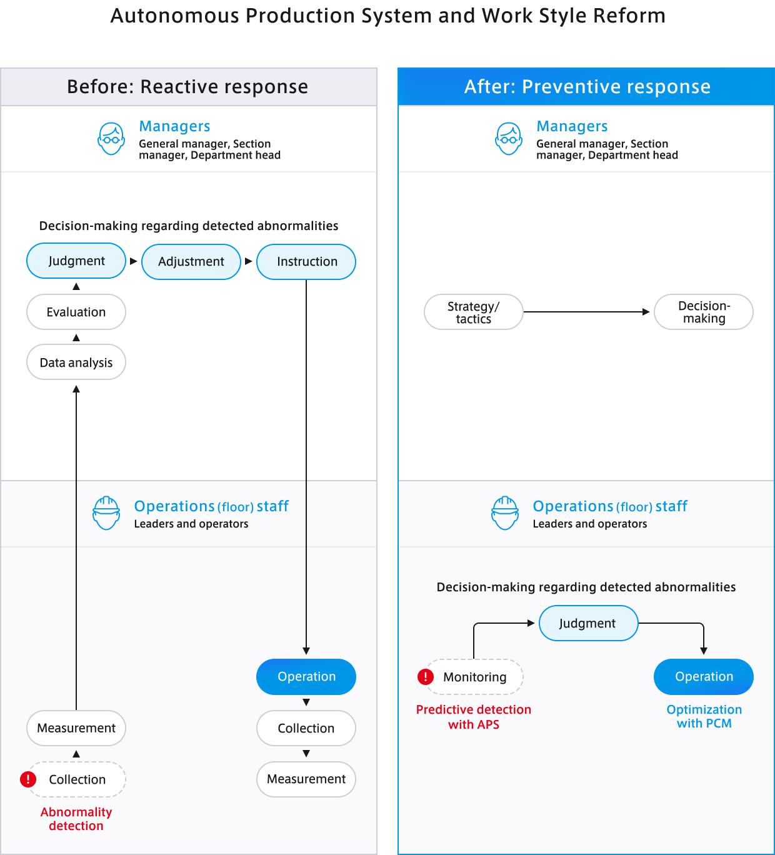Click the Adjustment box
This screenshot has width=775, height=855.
point(191,261)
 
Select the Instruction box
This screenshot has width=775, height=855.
point(306,261)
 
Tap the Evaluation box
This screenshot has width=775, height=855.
point(76,312)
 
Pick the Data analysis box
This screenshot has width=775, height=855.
point(76,362)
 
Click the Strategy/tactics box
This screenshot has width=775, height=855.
point(474,312)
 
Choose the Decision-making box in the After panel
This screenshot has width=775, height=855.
point(704,312)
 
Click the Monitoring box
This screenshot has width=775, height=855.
point(474,677)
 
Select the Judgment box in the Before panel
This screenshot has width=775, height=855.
point(76,261)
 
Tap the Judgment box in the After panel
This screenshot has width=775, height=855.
point(589,622)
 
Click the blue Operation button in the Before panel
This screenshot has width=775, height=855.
point(306,676)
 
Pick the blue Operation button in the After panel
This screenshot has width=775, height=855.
point(704,676)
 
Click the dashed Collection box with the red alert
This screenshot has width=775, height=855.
point(77,779)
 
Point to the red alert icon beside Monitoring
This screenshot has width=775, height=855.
point(426,676)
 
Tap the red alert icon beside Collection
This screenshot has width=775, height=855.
point(28,779)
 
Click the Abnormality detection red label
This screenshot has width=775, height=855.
point(76,819)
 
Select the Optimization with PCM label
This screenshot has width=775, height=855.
point(704,716)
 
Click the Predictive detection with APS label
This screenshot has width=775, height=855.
point(474,717)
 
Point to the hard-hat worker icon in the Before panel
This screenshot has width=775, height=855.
point(106,512)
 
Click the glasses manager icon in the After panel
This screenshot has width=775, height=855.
point(509,139)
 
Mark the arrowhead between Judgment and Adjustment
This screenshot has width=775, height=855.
point(133,261)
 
